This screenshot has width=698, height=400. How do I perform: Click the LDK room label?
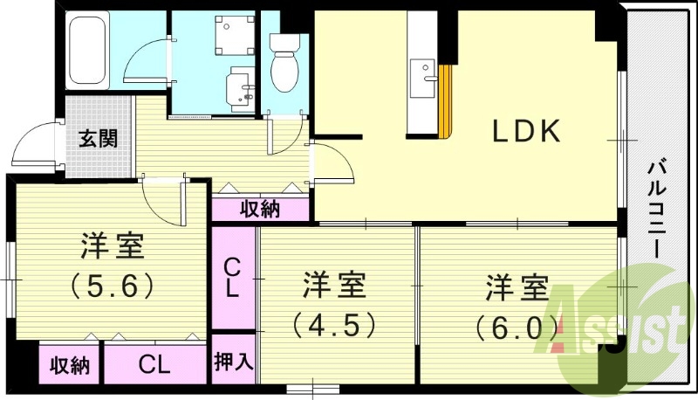pyautogui.click(x=526, y=131)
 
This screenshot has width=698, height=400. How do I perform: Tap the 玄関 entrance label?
pyautogui.click(x=99, y=139)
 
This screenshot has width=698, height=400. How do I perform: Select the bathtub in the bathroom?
pyautogui.click(x=88, y=50)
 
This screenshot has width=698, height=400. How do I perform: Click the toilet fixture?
pyautogui.click(x=285, y=63)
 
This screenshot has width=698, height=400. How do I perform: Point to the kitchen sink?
pyautogui.click(x=422, y=79)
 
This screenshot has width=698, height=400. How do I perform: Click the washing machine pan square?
pyautogui.click(x=235, y=35)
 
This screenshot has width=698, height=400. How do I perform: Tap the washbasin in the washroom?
pyautogui.click(x=241, y=86)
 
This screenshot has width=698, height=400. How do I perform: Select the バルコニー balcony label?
pyautogui.click(x=656, y=210)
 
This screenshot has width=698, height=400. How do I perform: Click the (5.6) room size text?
pyautogui.click(x=113, y=286)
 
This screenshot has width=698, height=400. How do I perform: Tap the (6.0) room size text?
pyautogui.click(x=517, y=328)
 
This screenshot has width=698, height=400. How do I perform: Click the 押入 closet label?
pyautogui.click(x=234, y=362)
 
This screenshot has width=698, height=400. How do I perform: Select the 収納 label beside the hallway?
pyautogui.click(x=260, y=209)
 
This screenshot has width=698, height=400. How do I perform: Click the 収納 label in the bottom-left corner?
pyautogui.click(x=69, y=365)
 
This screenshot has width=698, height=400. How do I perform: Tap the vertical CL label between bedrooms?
pyautogui.click(x=232, y=279)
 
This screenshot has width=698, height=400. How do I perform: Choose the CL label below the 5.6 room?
pyautogui.click(x=154, y=365)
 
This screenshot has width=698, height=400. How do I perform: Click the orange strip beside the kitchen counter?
pyautogui.click(x=445, y=101)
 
